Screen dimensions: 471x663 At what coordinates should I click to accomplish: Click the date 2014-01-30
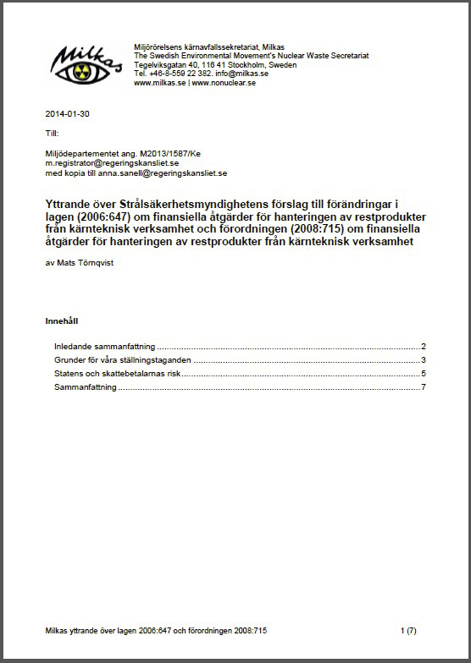(x=64, y=113)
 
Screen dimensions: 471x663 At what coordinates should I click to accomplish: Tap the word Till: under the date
(x=53, y=134)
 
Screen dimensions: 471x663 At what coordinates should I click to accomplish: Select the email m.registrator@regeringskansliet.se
(x=112, y=162)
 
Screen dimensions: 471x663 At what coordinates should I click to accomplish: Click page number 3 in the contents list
(x=423, y=360)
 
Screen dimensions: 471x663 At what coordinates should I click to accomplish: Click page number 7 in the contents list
(x=423, y=387)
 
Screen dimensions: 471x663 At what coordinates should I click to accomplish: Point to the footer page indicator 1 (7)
(x=407, y=630)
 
